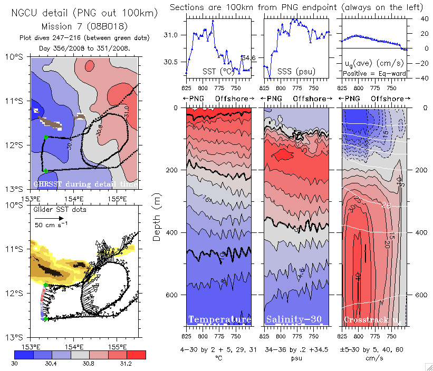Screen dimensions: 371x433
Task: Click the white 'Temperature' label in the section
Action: (x=219, y=319)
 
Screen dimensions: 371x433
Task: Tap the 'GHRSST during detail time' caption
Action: (x=84, y=184)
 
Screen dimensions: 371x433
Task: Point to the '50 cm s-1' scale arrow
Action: (x=56, y=217)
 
